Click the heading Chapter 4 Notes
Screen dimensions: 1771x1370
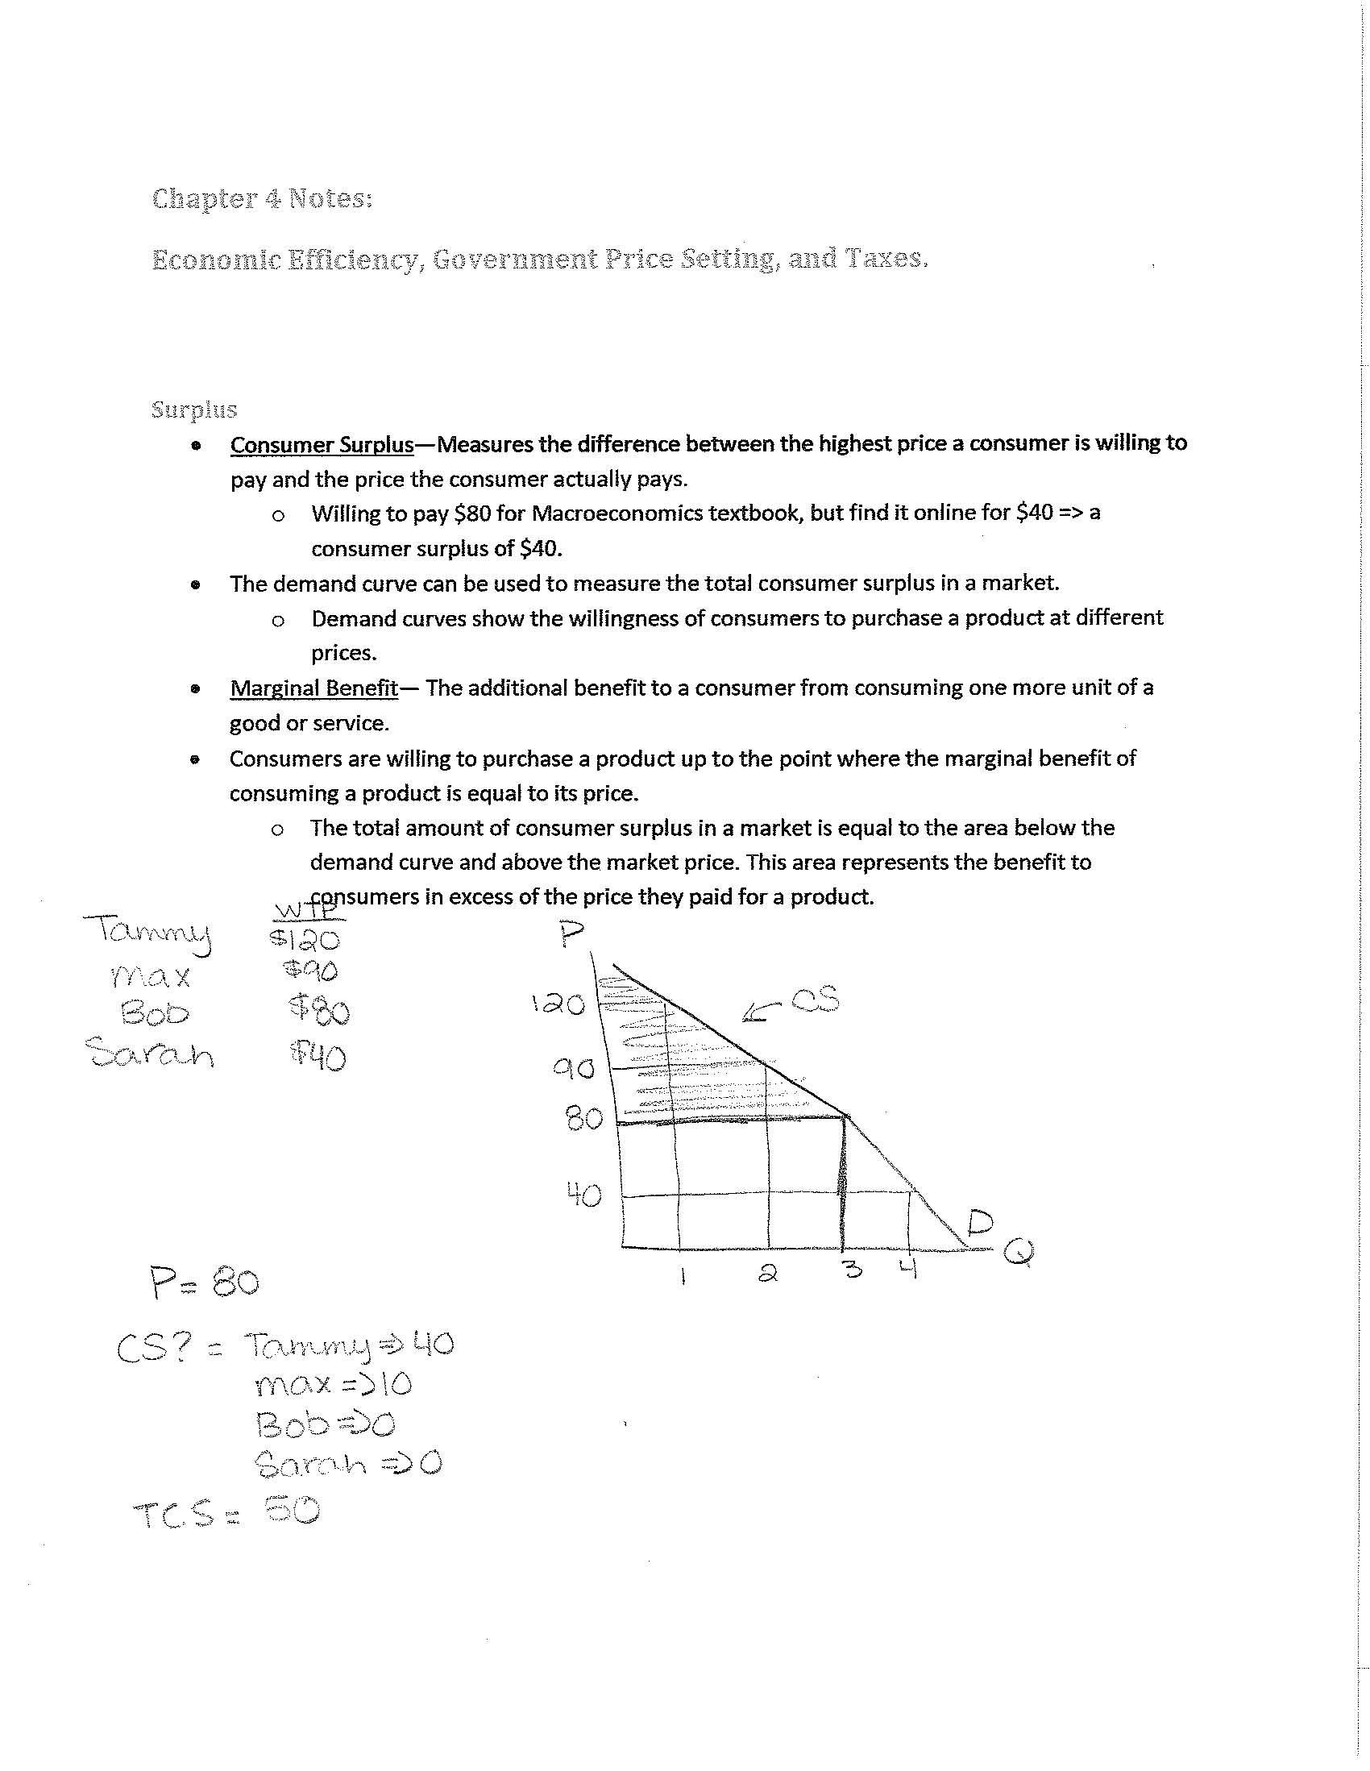coord(262,198)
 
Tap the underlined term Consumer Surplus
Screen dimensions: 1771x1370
coord(322,444)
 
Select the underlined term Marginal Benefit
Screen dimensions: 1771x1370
coord(313,688)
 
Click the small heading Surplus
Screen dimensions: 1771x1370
coord(193,409)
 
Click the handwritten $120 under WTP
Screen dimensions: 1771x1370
coord(305,939)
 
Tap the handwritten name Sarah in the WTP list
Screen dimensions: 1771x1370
coord(150,1053)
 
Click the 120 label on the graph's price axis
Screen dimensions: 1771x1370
coord(558,1004)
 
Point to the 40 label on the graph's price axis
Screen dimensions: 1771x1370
coord(583,1194)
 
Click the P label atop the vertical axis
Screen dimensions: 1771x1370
coord(571,935)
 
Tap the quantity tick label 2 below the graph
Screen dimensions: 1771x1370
coord(768,1273)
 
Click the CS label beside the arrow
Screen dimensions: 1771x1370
coord(814,1001)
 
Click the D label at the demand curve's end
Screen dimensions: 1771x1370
coord(980,1222)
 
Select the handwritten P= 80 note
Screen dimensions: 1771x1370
coord(204,1283)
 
